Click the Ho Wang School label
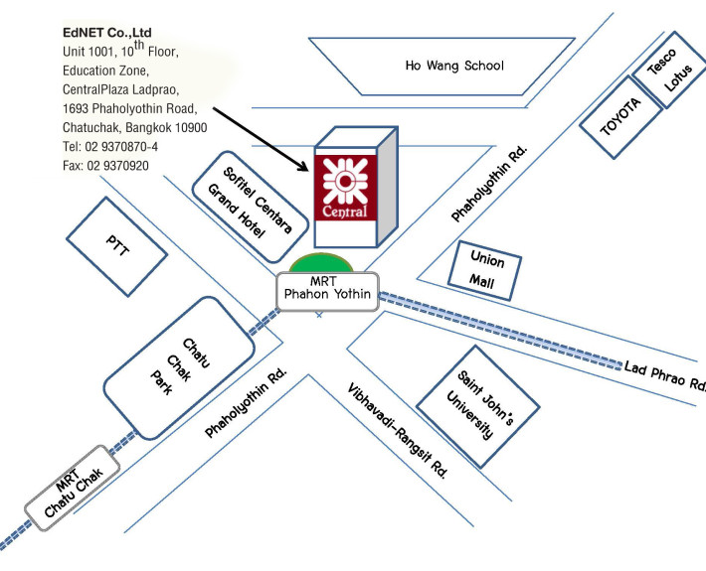[x=454, y=66]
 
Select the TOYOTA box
[x=620, y=117]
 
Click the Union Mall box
[x=485, y=271]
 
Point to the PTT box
[x=117, y=246]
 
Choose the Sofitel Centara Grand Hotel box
[x=251, y=207]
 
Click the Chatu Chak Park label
[x=180, y=366]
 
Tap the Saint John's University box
[x=477, y=406]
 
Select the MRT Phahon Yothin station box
[x=327, y=291]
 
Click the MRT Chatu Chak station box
[x=72, y=488]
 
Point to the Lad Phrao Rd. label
[x=664, y=375]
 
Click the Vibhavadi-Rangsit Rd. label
[x=398, y=431]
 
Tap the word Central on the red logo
[x=345, y=211]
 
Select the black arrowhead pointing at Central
[x=303, y=167]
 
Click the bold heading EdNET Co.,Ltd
[x=107, y=33]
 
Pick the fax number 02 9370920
[x=117, y=166]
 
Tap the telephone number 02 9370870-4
[x=121, y=147]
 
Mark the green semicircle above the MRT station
[x=320, y=263]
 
